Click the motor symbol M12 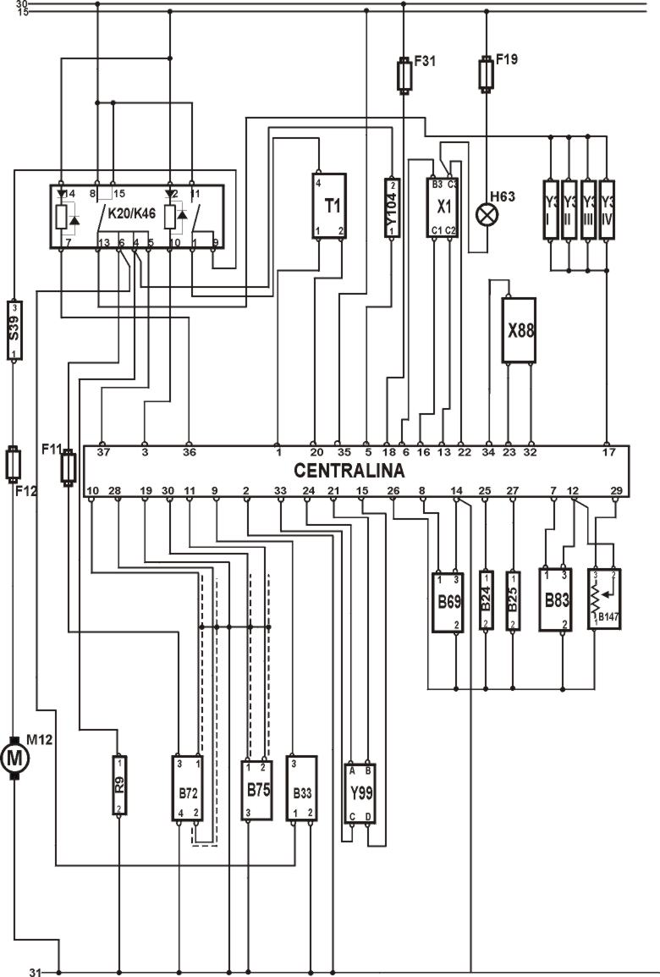14,758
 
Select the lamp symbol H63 487,213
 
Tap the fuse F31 404,74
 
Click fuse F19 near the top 487,73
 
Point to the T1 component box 329,206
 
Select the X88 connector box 520,330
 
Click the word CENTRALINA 349,470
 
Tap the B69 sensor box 448,601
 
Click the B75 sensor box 256,789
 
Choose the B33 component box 302,789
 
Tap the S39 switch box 14,329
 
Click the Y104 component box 391,207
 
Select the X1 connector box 444,207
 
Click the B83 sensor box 556,599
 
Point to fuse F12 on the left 14,463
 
